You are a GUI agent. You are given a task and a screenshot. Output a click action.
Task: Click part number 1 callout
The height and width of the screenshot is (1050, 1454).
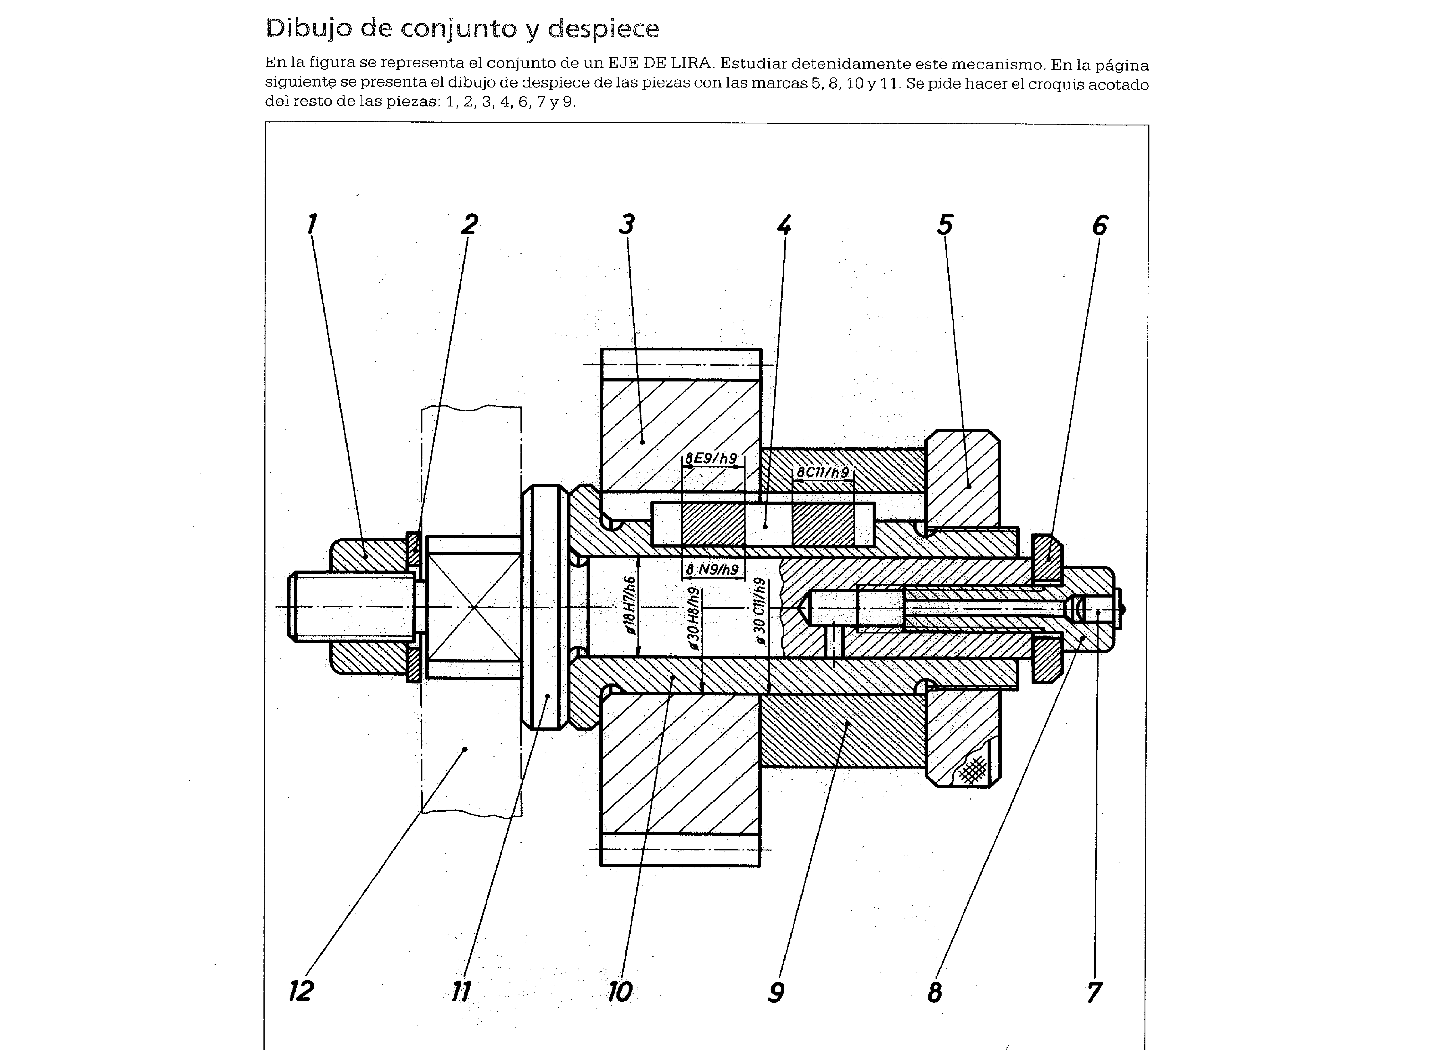pyautogui.click(x=311, y=224)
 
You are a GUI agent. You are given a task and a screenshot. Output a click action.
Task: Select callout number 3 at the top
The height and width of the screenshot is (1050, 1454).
pyautogui.click(x=626, y=224)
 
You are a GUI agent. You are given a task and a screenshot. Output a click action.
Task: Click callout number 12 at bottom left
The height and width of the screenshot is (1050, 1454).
pyautogui.click(x=301, y=991)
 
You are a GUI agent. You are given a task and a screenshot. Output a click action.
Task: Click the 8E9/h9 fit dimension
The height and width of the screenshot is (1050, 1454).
pyautogui.click(x=711, y=458)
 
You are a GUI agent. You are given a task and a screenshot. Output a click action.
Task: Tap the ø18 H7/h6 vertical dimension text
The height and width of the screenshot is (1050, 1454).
pyautogui.click(x=630, y=606)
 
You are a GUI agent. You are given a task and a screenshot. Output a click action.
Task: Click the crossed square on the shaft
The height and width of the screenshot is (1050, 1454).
pyautogui.click(x=473, y=606)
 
